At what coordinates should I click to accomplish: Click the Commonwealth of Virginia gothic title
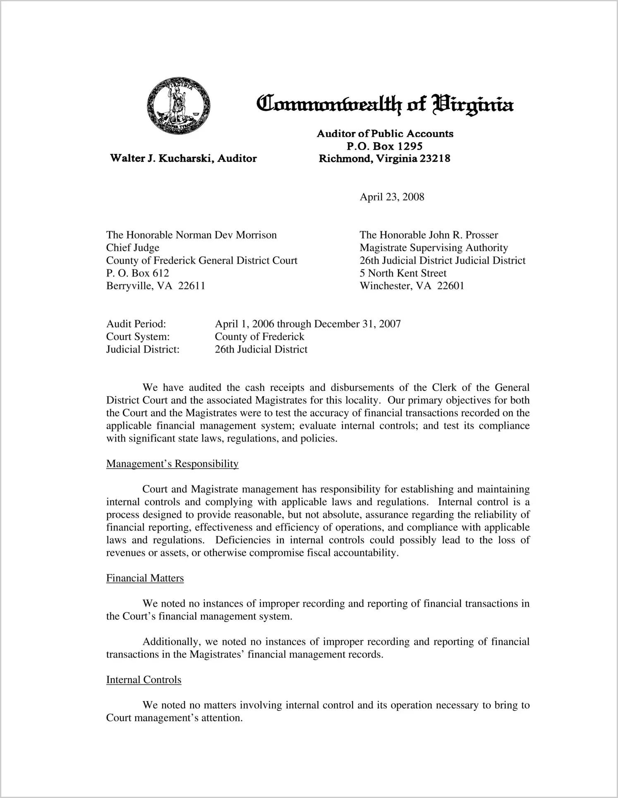(385, 104)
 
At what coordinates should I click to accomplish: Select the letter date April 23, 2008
(392, 197)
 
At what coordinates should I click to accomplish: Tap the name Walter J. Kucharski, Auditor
(183, 158)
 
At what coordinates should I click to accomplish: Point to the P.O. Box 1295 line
(384, 146)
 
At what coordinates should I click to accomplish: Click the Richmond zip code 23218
(434, 158)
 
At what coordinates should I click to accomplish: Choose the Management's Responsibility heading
(172, 464)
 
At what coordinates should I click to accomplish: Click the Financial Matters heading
(145, 578)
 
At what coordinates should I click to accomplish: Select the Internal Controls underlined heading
(144, 680)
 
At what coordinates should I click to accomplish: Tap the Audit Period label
(136, 324)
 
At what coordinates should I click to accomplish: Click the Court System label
(138, 337)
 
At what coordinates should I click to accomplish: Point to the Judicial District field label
(143, 350)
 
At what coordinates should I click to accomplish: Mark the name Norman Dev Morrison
(226, 235)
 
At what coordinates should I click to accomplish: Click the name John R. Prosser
(463, 235)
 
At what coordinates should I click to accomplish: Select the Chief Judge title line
(132, 248)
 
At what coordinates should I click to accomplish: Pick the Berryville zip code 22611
(192, 286)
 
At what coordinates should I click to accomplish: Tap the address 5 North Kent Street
(403, 273)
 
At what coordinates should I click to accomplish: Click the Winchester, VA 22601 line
(412, 286)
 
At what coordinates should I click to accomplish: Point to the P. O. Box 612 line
(137, 273)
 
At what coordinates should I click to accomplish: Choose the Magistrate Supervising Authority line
(434, 248)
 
